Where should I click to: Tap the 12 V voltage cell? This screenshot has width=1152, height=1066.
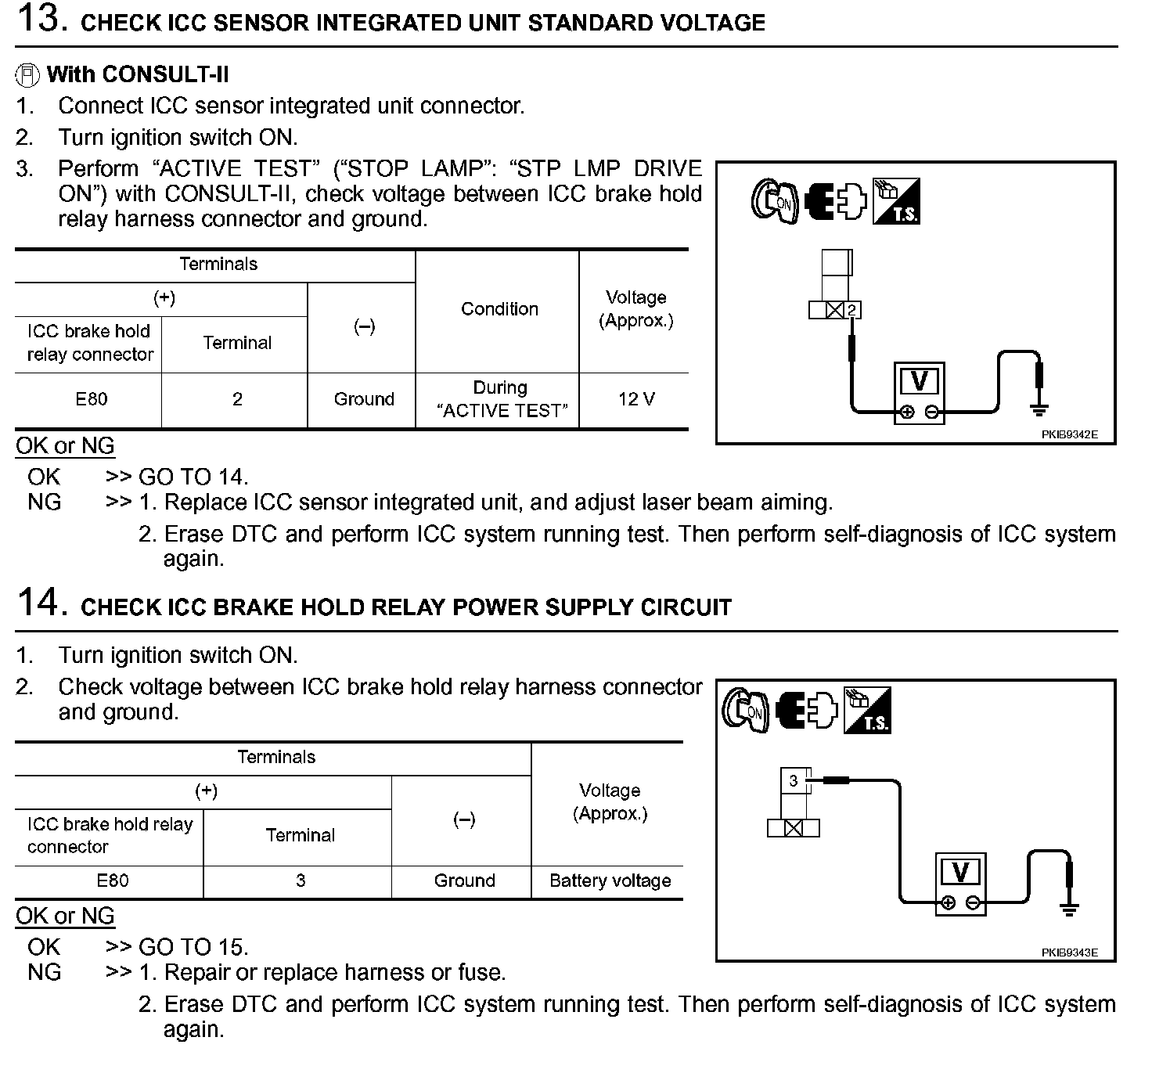(x=635, y=399)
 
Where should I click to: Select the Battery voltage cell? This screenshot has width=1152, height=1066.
(x=610, y=881)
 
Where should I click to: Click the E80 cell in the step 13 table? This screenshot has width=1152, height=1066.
(x=91, y=399)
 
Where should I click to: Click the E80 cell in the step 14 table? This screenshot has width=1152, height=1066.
(x=112, y=881)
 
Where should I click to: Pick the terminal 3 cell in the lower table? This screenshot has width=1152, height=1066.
(x=301, y=881)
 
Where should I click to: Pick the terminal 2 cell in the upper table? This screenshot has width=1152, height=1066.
(x=236, y=399)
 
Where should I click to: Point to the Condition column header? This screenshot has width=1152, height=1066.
(x=499, y=309)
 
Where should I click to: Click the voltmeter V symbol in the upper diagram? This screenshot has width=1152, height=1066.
(x=920, y=382)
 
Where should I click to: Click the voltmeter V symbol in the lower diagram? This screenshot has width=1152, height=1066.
(x=960, y=872)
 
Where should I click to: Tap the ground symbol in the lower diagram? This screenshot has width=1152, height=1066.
(x=1069, y=909)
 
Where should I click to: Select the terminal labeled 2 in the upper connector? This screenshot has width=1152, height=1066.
(x=852, y=310)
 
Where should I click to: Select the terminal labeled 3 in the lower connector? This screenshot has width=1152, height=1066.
(x=794, y=780)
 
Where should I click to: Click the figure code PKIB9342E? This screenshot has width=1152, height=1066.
(x=1069, y=434)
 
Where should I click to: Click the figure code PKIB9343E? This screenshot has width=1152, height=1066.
(x=1069, y=953)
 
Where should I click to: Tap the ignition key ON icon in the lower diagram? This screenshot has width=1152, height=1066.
(x=744, y=711)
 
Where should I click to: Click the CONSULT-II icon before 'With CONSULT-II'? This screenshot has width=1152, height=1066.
(x=27, y=75)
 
